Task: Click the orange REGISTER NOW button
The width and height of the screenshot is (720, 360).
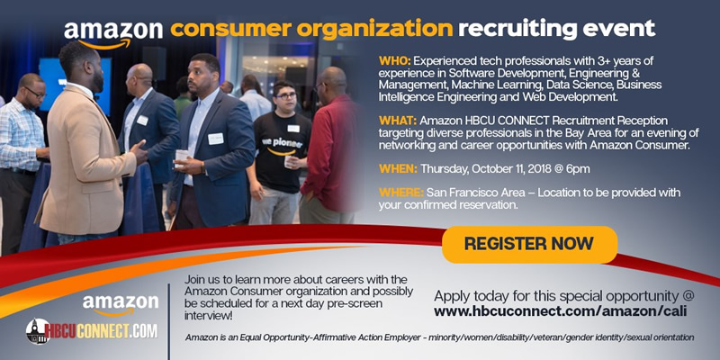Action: pyautogui.click(x=529, y=244)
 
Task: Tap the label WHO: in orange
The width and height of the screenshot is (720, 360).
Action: pyautogui.click(x=393, y=60)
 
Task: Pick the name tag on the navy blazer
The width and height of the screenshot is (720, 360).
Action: pyautogui.click(x=215, y=139)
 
